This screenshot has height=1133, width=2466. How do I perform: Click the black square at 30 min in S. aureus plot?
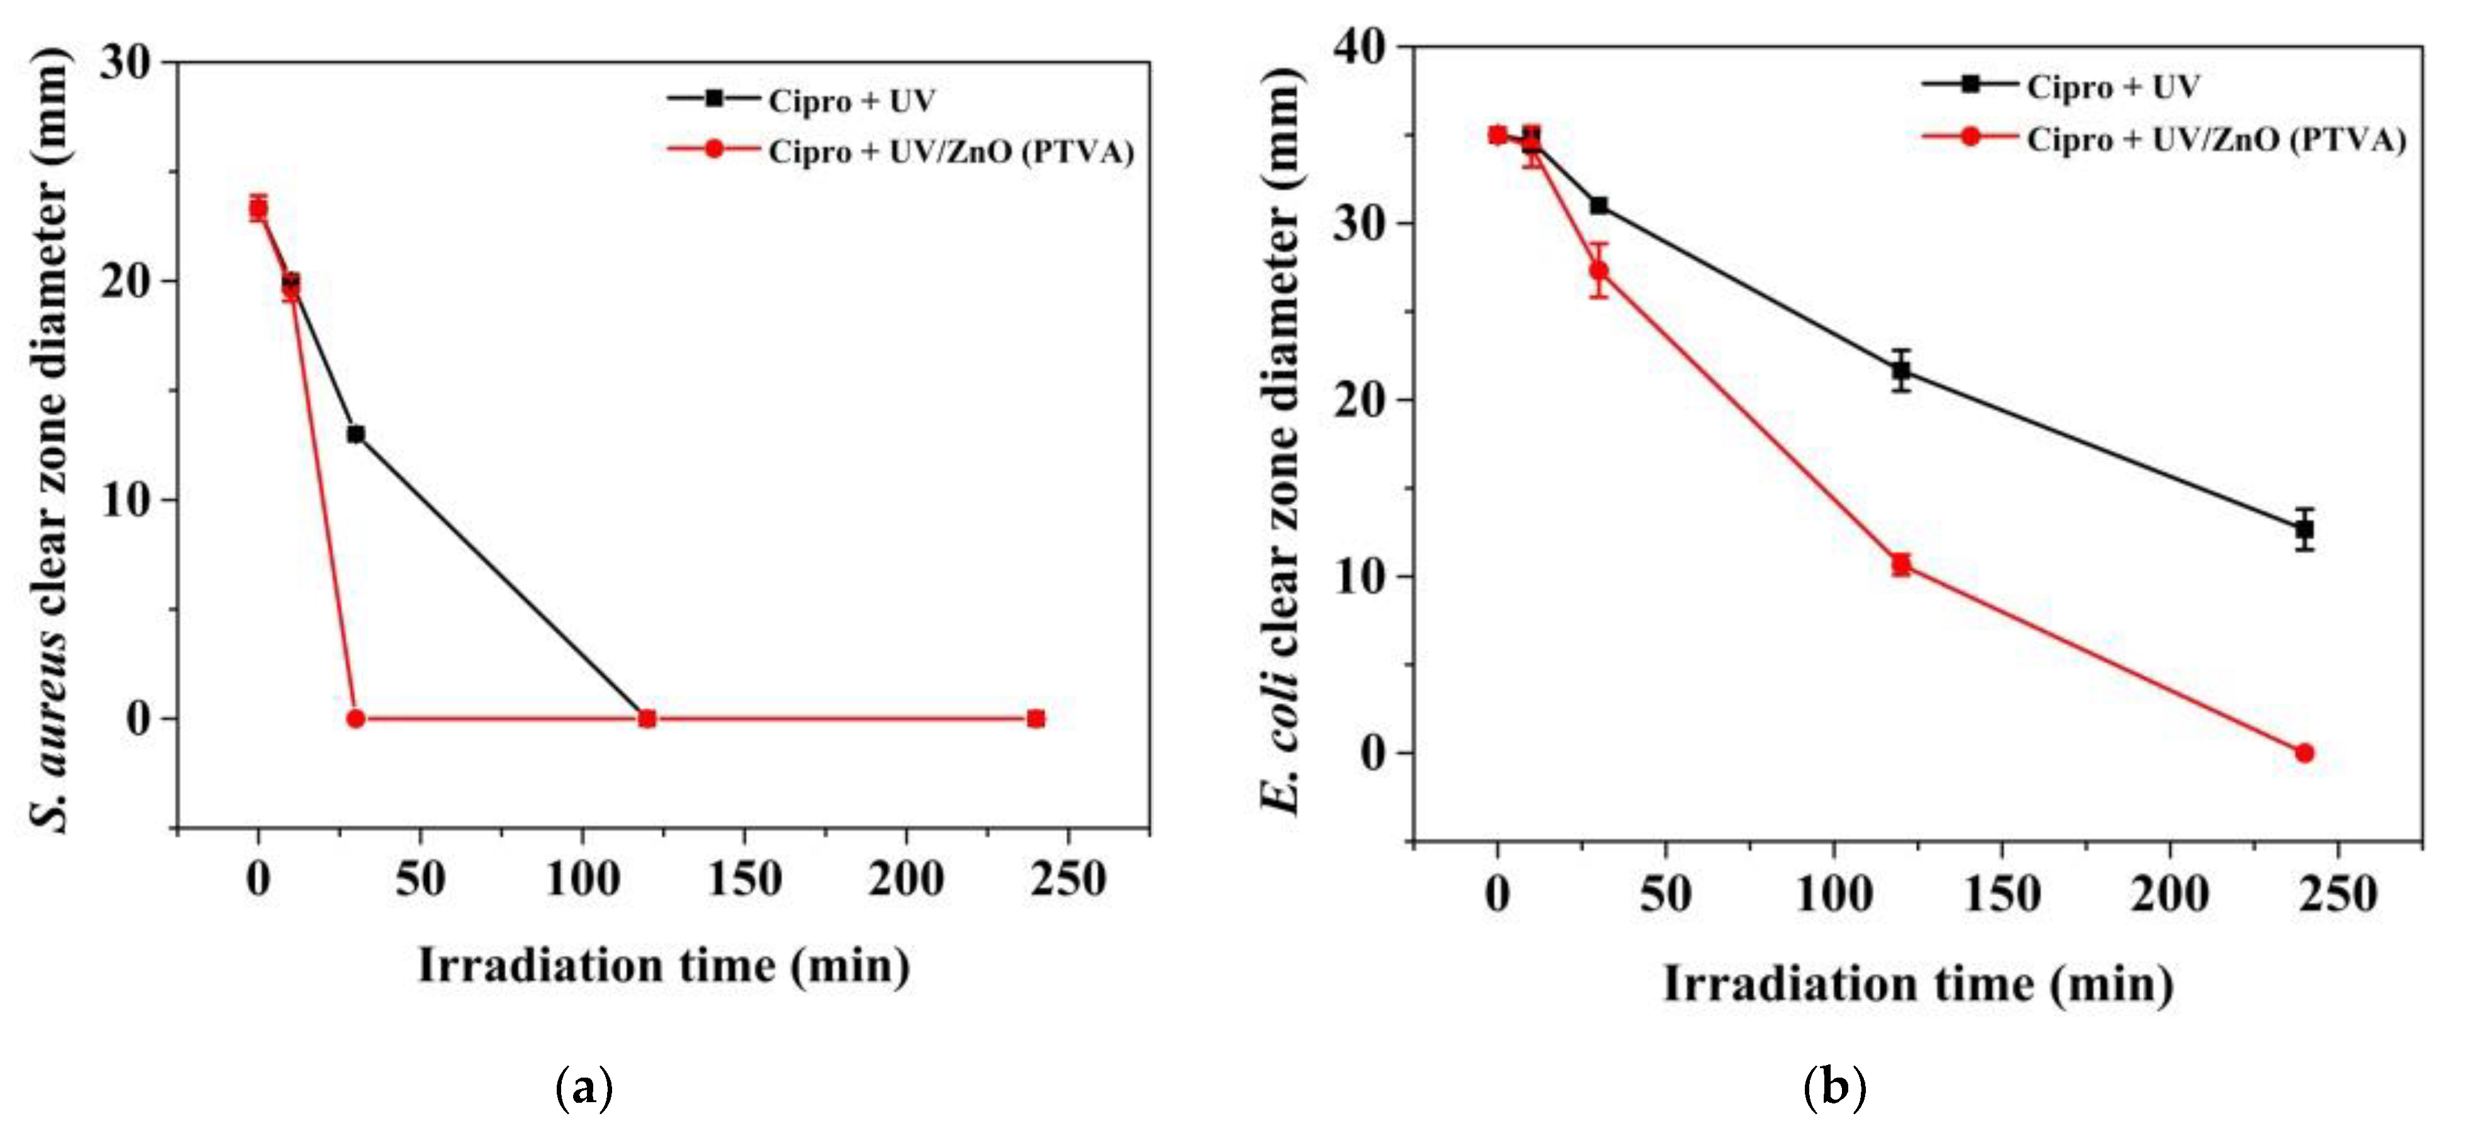pos(355,434)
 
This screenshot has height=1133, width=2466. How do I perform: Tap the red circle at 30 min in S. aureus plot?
pos(355,718)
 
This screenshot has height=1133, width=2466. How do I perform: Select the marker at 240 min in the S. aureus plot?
pos(1035,718)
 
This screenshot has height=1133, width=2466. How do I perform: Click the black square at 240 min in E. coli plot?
pos(2304,529)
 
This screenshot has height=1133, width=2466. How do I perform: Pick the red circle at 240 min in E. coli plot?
pos(2304,753)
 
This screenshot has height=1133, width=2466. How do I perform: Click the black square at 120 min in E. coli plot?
pos(1901,371)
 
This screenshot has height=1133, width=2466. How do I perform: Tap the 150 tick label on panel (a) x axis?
pos(744,877)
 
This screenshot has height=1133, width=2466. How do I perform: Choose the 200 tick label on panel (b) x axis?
pos(2169,894)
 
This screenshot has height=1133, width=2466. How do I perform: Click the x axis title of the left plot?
pos(664,966)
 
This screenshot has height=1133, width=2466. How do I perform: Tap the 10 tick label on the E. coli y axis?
pos(1360,577)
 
